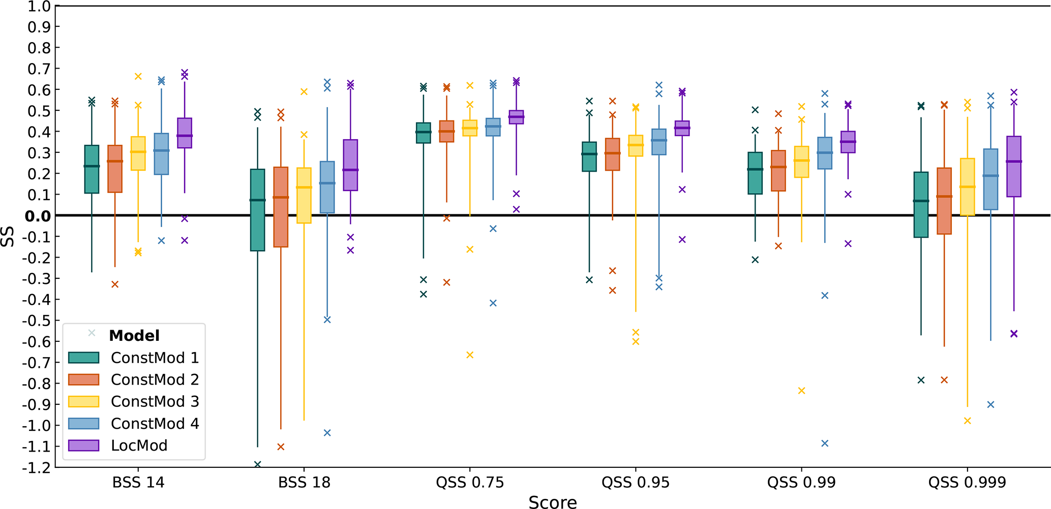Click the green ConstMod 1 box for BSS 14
point(92,169)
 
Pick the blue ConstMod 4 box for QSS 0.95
point(659,142)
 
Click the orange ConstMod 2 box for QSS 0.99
point(778,171)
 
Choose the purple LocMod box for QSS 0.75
point(516,117)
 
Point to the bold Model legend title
point(134,336)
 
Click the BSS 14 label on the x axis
point(138,483)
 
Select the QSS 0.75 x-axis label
point(470,483)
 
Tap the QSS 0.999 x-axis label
point(967,483)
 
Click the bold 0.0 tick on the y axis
point(38,216)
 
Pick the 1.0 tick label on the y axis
point(39,7)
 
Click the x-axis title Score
point(553,502)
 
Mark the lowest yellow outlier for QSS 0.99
point(802,391)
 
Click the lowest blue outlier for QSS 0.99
point(825,443)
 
